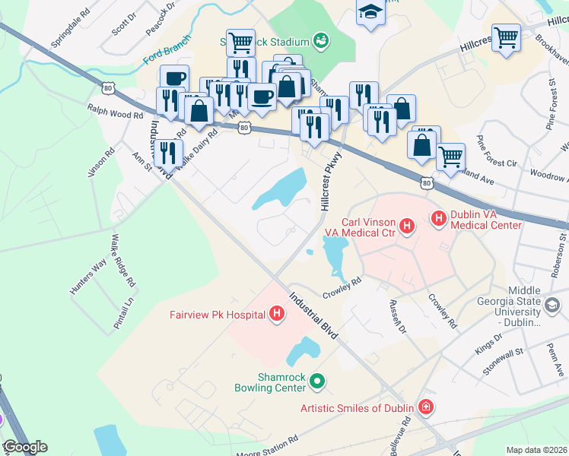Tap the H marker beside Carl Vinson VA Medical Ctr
[407, 226]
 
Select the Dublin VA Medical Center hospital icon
[439, 218]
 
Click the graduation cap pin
[370, 11]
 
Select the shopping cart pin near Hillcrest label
[506, 36]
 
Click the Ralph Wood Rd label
[115, 112]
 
